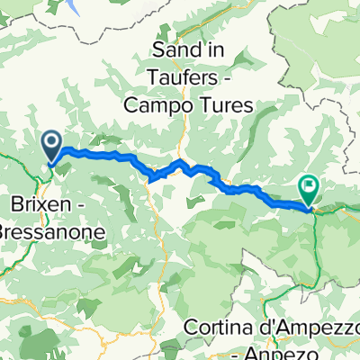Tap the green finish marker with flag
point(309,190)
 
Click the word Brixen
point(49,200)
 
